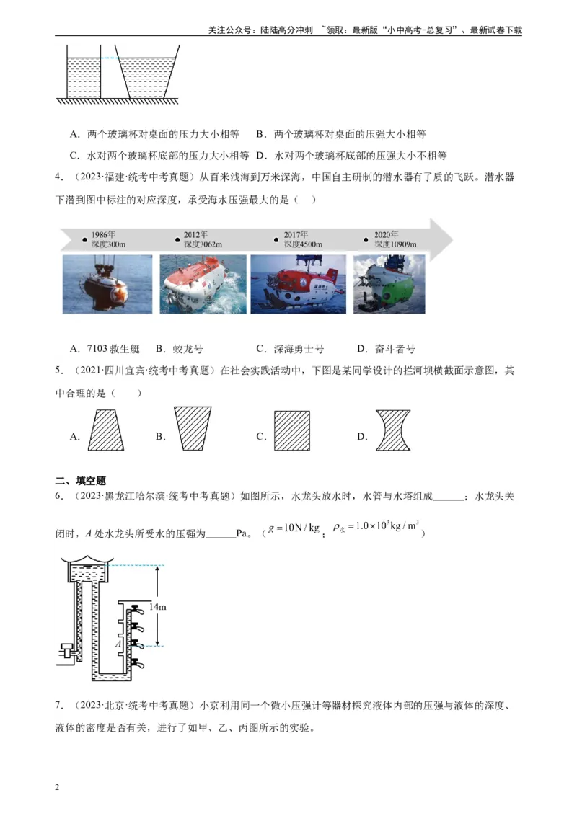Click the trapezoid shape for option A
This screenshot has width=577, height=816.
105,430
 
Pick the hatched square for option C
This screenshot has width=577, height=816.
292,430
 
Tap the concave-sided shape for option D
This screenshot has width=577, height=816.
393,430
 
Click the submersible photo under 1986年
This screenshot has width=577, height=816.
107,284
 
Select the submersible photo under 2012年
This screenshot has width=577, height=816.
202,284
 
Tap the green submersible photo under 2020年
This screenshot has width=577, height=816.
389,284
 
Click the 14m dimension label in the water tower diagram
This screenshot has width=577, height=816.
158,607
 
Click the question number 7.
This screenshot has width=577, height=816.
58,705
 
